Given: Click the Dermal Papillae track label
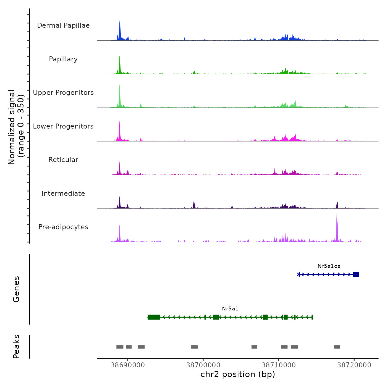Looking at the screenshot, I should (x=63, y=25).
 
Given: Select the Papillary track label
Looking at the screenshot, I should (x=63, y=59).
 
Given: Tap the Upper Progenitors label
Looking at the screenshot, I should (x=63, y=93).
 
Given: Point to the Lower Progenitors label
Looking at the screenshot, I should (x=63, y=126).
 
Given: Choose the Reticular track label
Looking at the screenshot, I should (x=63, y=160).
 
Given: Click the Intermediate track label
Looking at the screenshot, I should (x=63, y=193).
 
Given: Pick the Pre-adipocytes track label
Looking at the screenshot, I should (x=63, y=227).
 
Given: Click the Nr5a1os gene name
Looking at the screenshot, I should (x=329, y=266).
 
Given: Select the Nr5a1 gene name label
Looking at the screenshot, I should (x=230, y=309).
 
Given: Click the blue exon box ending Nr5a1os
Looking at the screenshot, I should (x=356, y=274).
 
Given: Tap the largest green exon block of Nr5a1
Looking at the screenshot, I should (x=154, y=317).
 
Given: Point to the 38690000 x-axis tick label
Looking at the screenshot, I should (x=128, y=365).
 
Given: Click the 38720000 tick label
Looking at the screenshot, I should (x=354, y=365).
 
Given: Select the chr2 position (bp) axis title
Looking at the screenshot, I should (x=238, y=375).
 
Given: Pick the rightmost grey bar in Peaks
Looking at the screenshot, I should (x=337, y=347).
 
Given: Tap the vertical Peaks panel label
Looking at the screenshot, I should (x=16, y=347).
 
